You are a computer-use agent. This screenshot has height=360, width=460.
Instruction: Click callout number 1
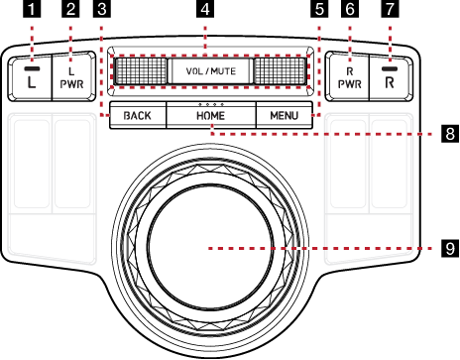point(32,9)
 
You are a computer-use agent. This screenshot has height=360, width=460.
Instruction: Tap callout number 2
point(70,9)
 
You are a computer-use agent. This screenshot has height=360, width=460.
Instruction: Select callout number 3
point(102,9)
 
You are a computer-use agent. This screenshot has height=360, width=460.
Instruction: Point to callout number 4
point(205,9)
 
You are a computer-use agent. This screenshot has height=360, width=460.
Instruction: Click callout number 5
point(319,9)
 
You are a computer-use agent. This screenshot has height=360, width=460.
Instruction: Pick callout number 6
point(350,9)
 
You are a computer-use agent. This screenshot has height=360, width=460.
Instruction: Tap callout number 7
point(390,9)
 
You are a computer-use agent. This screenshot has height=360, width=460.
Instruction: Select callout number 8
point(450,134)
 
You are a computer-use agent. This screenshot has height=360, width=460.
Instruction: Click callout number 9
point(450,248)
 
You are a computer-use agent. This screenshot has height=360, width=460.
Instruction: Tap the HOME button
point(211,115)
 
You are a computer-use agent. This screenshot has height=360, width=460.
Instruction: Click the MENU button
point(285,115)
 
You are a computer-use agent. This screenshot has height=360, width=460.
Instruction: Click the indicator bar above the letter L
point(32,68)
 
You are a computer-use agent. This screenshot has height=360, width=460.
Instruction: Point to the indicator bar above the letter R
point(390,68)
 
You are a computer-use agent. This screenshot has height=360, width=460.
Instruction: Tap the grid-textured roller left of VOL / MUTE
point(140,71)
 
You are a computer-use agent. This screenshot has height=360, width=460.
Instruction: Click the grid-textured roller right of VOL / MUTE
point(281,71)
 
